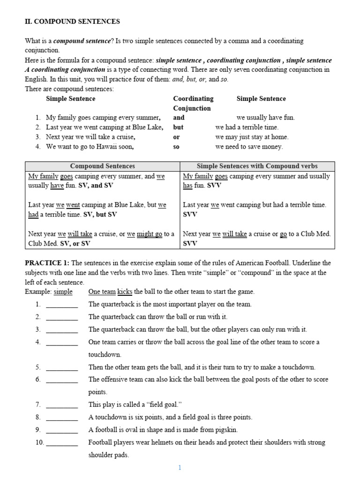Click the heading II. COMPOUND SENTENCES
[72, 22]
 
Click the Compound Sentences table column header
[102, 166]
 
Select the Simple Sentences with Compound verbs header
[257, 166]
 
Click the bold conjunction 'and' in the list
[179, 118]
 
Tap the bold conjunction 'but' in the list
[178, 127]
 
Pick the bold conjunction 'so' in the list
[176, 147]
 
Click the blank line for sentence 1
[62, 305]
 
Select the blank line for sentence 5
[62, 367]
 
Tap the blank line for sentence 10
[62, 442]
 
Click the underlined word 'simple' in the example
[63, 292]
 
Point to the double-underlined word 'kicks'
[125, 292]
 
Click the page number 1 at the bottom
[180, 467]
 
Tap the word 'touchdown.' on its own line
[105, 355]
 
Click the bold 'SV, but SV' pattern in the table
[100, 215]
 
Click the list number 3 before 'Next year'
[37, 137]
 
